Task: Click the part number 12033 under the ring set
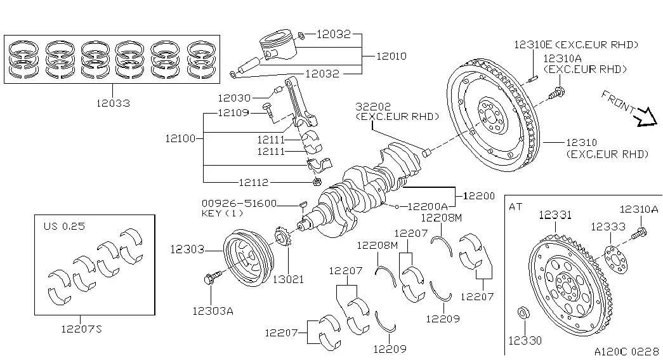(x=113, y=103)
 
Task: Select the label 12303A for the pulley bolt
(x=213, y=312)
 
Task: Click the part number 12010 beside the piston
(x=391, y=56)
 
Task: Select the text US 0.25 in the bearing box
(x=64, y=226)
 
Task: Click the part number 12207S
(x=82, y=329)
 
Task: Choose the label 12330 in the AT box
(x=525, y=341)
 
